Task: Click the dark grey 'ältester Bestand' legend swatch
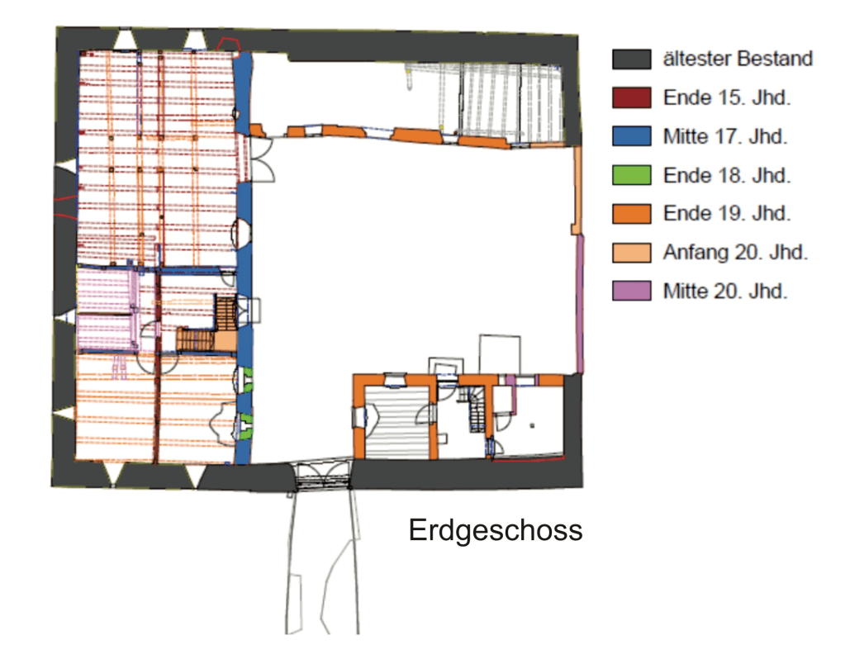631,59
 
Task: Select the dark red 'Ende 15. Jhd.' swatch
631,98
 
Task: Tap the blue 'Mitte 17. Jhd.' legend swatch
631,136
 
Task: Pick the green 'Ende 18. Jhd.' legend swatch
631,175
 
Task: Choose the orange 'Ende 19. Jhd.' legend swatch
631,214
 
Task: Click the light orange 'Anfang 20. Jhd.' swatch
631,253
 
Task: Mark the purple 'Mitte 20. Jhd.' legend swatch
631,291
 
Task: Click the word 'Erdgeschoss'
496,530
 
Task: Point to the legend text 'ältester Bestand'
738,59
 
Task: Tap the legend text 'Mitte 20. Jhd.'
725,292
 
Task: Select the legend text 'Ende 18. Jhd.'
726,176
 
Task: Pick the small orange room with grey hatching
396,416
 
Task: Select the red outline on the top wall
229,45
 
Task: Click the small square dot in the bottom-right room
533,425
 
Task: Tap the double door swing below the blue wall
262,159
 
